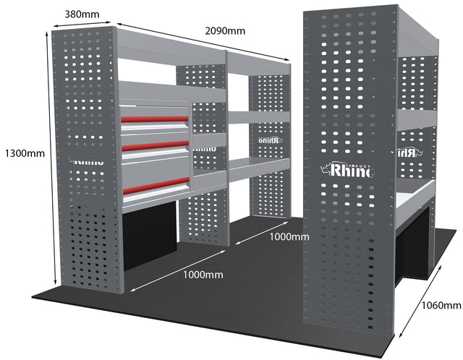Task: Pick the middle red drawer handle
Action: point(154,146)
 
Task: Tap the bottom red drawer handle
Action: point(154,189)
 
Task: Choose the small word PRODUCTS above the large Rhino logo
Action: point(362,164)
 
